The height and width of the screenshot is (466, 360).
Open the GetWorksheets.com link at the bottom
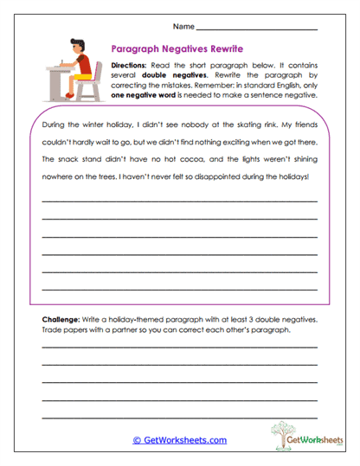pyautogui.click(x=179, y=440)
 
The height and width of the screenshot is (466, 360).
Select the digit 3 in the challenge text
pyautogui.click(x=237, y=320)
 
